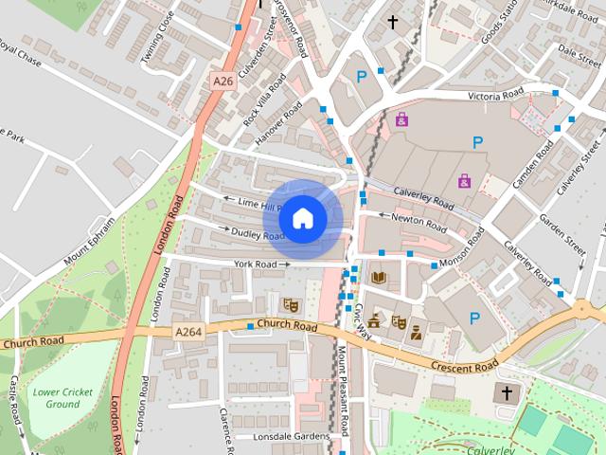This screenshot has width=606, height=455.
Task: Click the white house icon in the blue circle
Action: (x=302, y=218)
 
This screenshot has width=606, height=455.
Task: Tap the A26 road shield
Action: (x=223, y=82)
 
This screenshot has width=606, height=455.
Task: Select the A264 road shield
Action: (x=187, y=332)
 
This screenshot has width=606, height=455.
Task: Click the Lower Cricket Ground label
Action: (x=56, y=397)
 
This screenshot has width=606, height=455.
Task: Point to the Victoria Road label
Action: (x=496, y=96)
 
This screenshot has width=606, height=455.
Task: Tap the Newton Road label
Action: (x=419, y=225)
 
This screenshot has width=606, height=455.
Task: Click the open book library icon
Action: (x=379, y=277)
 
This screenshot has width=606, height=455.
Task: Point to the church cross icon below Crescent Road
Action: (x=507, y=393)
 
